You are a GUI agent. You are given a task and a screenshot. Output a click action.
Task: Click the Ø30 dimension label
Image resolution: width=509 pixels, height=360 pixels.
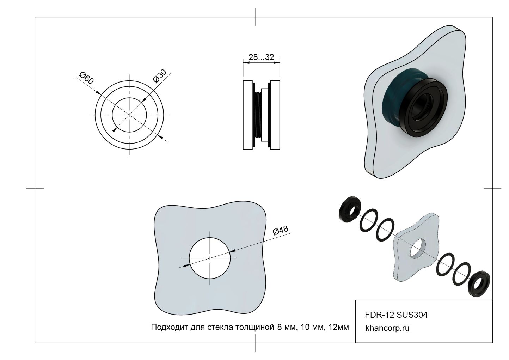coord(160,76)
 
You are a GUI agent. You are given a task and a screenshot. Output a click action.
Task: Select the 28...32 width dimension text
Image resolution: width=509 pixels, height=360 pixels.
coord(261,57)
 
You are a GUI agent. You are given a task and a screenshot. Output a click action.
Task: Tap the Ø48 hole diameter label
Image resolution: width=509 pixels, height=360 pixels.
coord(281,231)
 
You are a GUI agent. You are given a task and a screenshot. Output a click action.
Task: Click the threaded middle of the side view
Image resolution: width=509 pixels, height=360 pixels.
coord(258,115)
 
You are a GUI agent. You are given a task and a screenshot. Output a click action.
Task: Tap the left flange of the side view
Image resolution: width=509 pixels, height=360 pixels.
coord(247,115)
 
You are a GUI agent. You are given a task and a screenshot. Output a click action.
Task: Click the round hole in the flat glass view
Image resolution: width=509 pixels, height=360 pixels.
coord(210,258)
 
